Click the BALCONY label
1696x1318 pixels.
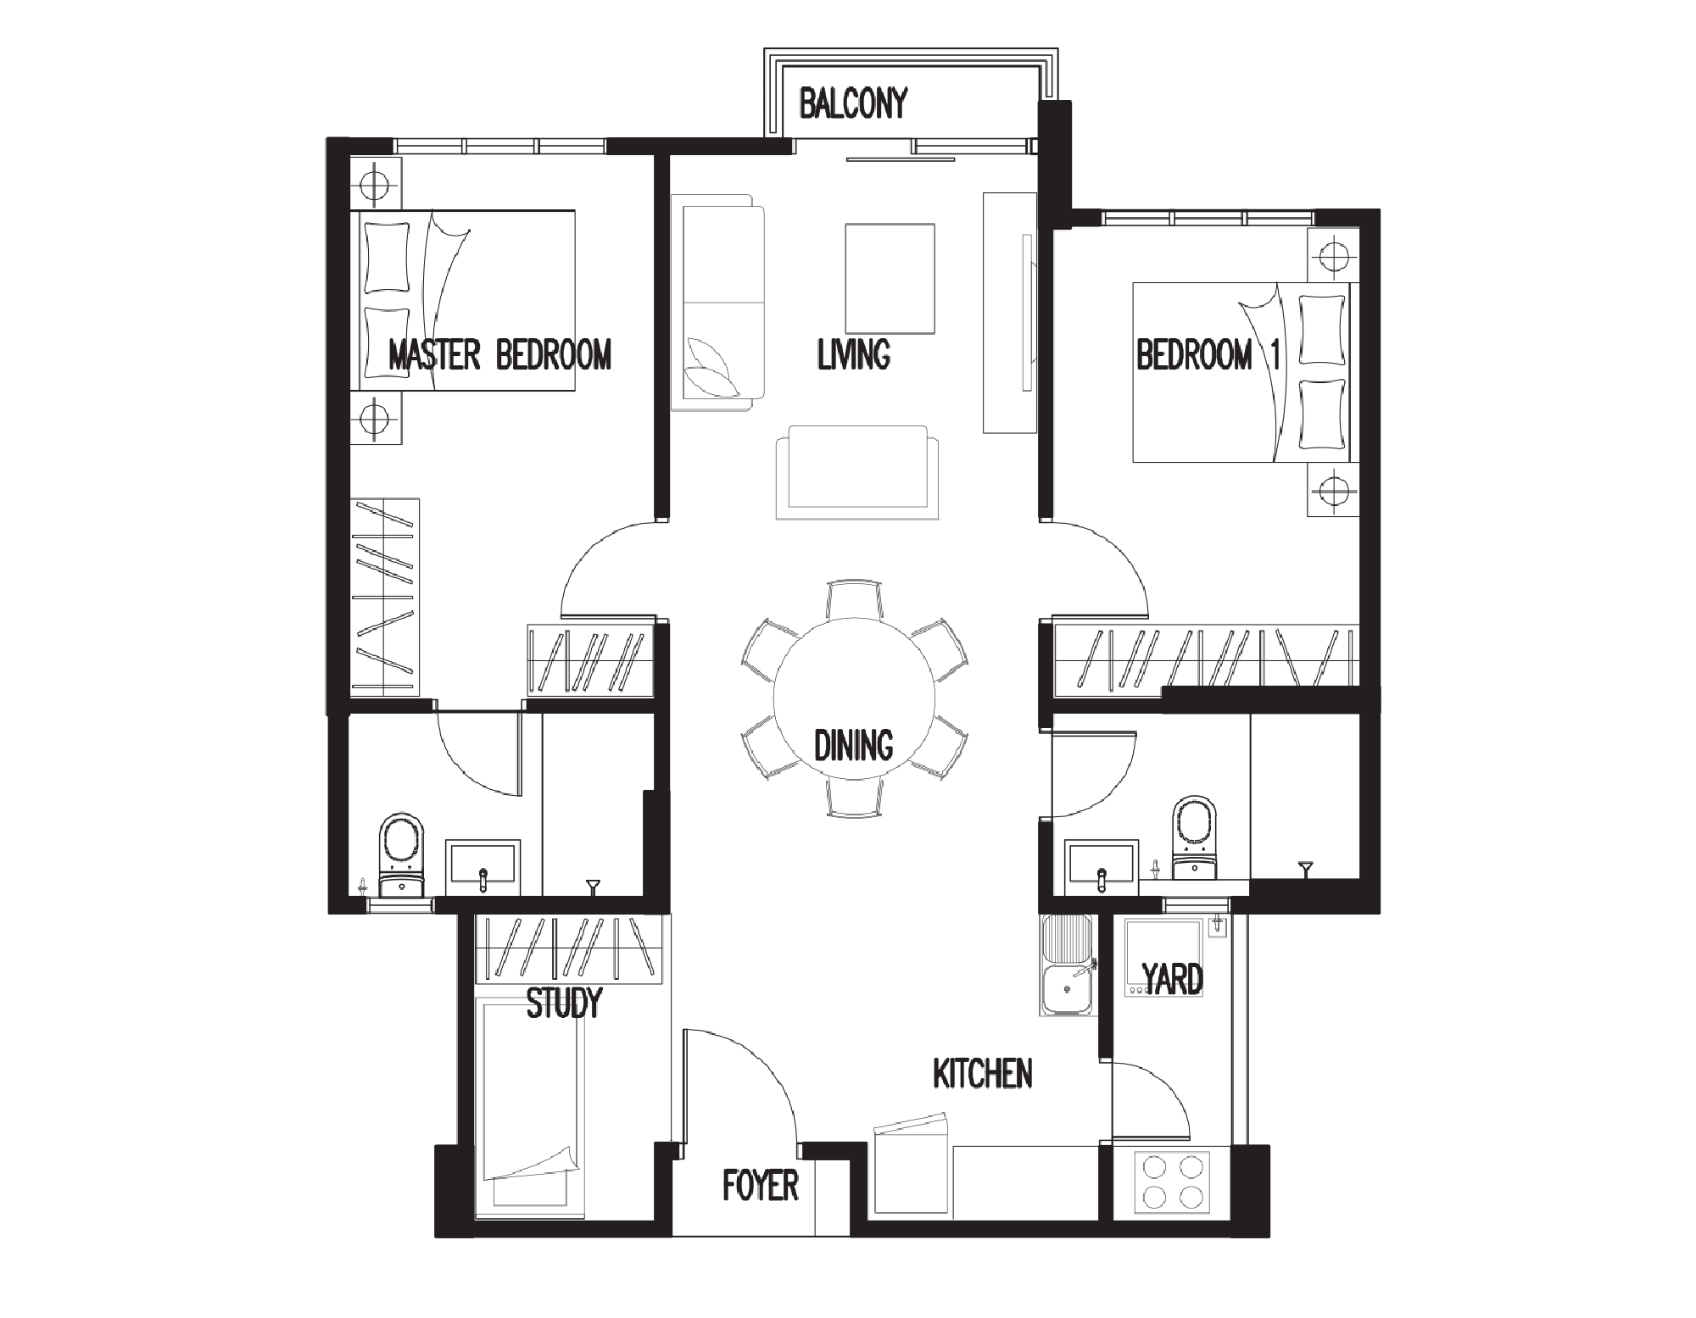click(x=853, y=103)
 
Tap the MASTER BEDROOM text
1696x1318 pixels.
click(x=499, y=354)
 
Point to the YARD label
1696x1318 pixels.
click(x=1173, y=979)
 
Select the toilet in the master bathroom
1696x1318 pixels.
click(x=401, y=856)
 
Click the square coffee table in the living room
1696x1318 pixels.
click(x=890, y=279)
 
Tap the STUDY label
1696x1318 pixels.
click(x=564, y=1003)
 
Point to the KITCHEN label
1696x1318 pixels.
click(x=983, y=1073)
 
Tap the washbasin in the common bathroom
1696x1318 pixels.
click(x=1102, y=868)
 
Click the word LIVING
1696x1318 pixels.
click(x=854, y=354)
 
